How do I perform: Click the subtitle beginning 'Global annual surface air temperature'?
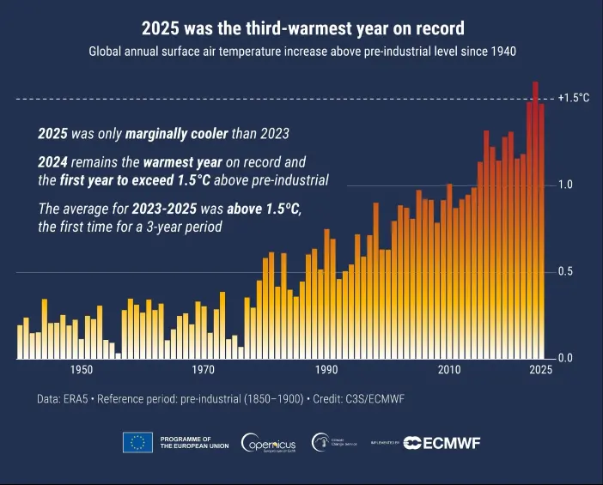pos(301,52)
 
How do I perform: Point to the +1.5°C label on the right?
pos(573,98)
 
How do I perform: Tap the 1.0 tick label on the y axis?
pos(564,185)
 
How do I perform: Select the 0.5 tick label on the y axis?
pos(564,271)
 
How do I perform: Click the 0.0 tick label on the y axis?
pos(564,358)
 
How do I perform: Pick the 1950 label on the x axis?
pos(82,370)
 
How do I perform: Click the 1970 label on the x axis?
pos(204,370)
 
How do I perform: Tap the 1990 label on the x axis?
pos(326,370)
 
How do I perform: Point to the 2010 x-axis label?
pos(448,370)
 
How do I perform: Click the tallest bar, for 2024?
pos(535,215)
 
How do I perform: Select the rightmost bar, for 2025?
pos(541,232)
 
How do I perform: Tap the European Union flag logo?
pos(137,442)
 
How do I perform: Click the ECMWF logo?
pos(443,442)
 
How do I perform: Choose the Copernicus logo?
pos(269,442)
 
